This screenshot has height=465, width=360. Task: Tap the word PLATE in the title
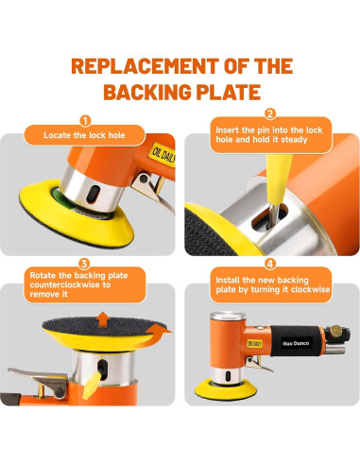click(x=229, y=92)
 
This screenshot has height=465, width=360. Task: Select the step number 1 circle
click(x=85, y=120)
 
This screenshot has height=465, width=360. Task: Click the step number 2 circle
click(x=270, y=113)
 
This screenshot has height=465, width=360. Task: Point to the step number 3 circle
click(x=84, y=264)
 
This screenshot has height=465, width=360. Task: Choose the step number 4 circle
click(x=270, y=264)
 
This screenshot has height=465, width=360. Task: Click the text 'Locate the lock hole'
click(x=84, y=135)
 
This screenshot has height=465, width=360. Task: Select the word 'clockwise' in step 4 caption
click(x=311, y=289)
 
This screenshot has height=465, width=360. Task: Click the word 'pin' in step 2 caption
click(x=264, y=130)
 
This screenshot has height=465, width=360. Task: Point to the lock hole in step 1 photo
click(x=94, y=194)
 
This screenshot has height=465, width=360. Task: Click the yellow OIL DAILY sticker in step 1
click(x=163, y=154)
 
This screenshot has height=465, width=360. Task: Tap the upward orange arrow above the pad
click(x=103, y=319)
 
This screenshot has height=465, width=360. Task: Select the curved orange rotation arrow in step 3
click(x=158, y=334)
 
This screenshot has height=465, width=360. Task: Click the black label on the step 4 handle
click(x=296, y=343)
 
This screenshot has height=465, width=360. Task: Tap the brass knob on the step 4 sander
click(x=335, y=331)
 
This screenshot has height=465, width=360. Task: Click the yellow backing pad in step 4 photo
click(x=226, y=390)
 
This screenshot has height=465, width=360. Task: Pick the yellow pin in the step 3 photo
click(x=92, y=385)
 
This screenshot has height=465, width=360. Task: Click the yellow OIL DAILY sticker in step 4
click(x=255, y=344)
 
